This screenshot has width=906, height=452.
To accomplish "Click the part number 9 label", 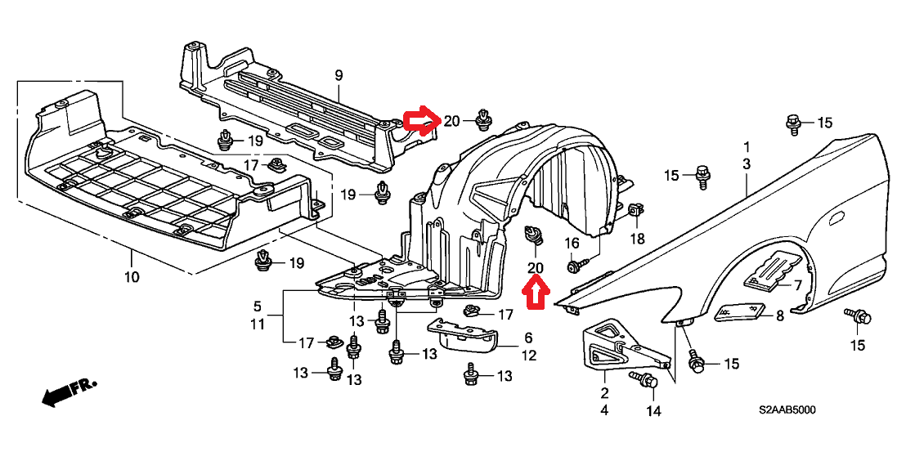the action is point(339,75).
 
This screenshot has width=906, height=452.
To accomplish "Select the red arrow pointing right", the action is point(423,121).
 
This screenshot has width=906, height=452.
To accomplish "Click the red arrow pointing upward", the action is point(536,292).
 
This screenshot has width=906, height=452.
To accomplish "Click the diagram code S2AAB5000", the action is point(787,410).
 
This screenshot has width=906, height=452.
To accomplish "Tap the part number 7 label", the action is point(797,284).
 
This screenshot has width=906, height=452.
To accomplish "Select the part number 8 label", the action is point(779,316).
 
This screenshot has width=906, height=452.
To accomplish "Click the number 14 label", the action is point(653,412).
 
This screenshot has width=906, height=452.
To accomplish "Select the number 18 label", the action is point(636,238).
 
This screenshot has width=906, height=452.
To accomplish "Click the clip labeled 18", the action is point(635,211).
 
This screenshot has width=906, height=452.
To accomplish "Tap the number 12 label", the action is point(529,356).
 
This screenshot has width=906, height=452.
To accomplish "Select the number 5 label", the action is point(257,306).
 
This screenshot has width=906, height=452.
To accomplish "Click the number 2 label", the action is point(604,394).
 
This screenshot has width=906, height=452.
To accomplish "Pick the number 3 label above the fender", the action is point(746,164).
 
